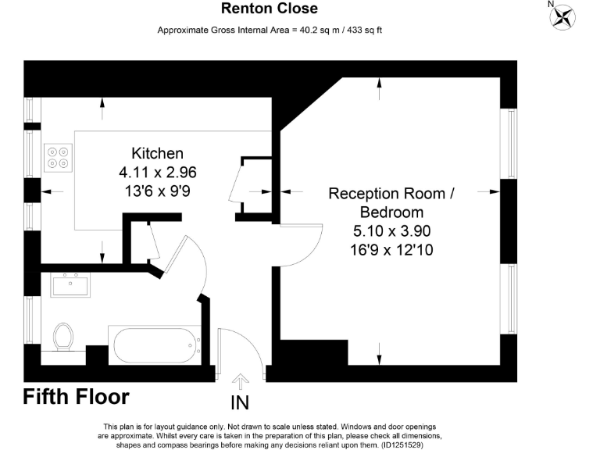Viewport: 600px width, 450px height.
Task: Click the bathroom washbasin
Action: (70, 285)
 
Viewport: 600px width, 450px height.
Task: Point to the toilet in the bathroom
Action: (63, 337)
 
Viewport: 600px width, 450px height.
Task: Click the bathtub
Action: (155, 344)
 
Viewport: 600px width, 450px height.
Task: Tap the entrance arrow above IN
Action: (241, 380)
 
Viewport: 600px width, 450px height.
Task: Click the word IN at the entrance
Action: (240, 402)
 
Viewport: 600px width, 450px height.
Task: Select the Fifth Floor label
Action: (76, 396)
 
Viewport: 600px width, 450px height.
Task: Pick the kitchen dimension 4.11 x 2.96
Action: (157, 172)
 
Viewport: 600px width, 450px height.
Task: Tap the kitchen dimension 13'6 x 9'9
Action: (157, 191)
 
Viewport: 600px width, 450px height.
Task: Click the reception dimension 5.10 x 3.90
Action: (391, 231)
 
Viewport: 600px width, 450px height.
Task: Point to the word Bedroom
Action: (391, 212)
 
